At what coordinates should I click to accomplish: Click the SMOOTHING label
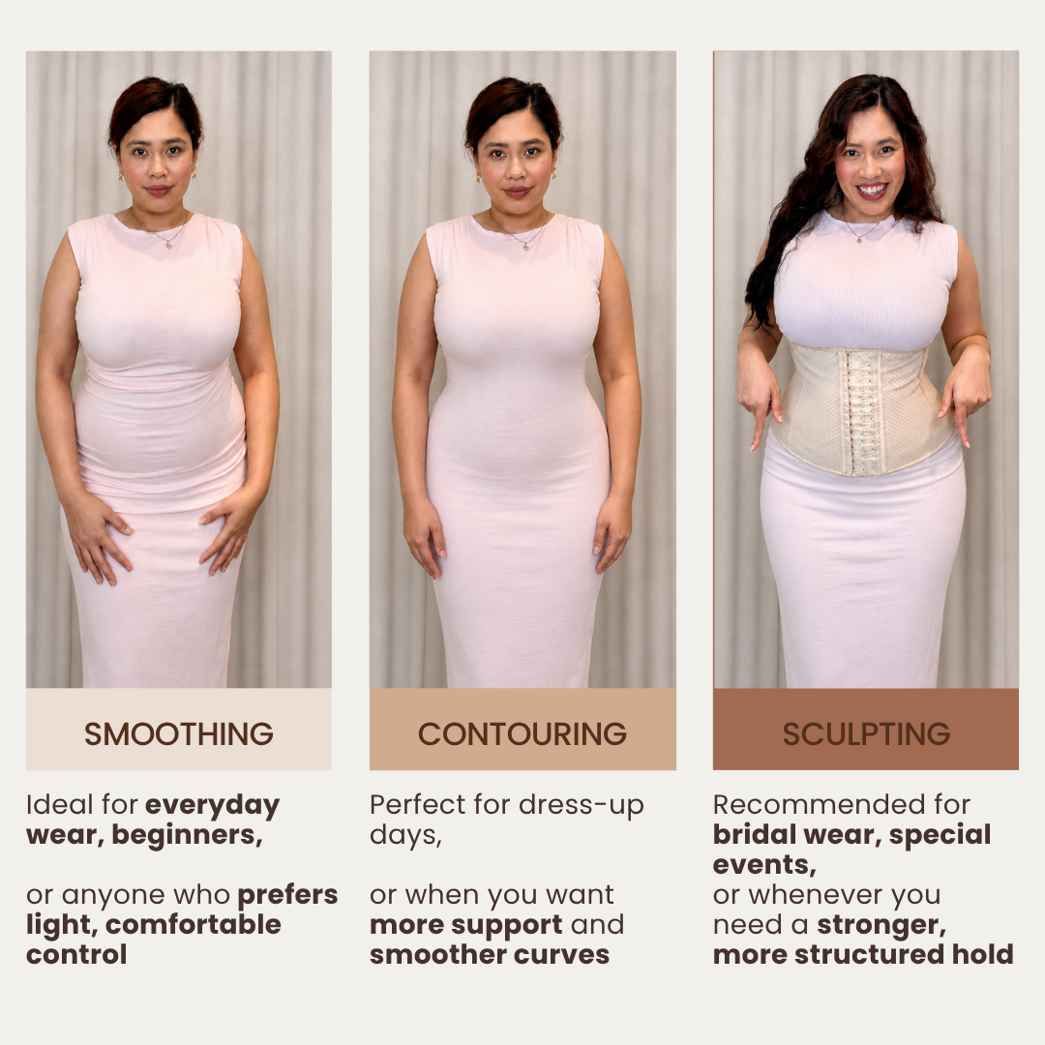[179, 733]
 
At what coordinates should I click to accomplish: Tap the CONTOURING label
[522, 733]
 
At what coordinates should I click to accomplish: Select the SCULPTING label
[866, 733]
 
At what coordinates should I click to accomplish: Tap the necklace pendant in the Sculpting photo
[860, 239]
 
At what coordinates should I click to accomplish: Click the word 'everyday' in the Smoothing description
[213, 806]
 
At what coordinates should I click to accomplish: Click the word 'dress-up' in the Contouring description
[582, 806]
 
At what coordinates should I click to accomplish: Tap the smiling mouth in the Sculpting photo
[872, 192]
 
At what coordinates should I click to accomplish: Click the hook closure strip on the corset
[864, 413]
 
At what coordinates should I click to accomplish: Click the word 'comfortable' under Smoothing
[194, 924]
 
